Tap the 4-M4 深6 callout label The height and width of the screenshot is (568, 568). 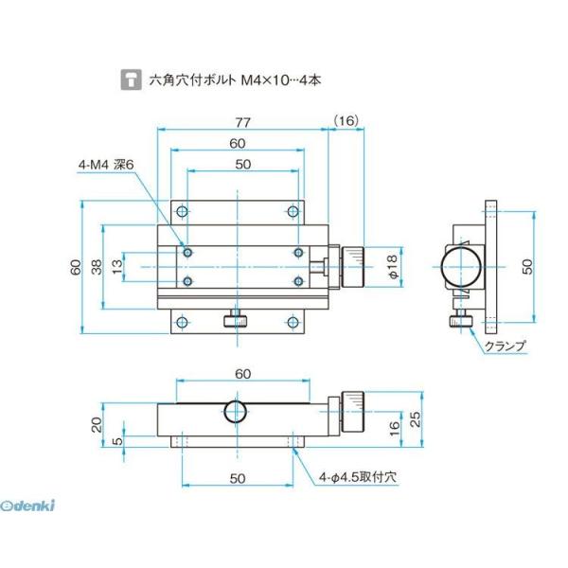click(107, 165)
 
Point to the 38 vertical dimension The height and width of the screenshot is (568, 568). click(96, 268)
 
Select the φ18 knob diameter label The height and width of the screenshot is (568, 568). click(394, 267)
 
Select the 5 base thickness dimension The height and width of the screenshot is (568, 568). click(116, 441)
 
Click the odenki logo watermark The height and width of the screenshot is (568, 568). click(30, 505)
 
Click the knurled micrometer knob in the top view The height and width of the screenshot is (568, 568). click(354, 267)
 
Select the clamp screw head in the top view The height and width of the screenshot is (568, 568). click(236, 322)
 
